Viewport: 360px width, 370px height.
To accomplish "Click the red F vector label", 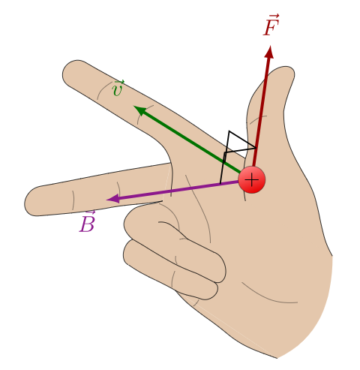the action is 271,26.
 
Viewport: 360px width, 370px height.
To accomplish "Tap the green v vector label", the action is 118,89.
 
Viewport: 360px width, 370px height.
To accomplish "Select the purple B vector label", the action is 87,222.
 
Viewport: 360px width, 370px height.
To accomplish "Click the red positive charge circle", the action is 252,180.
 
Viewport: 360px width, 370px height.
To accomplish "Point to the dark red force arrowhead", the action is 269,52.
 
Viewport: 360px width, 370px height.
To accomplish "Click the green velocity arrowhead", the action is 140,110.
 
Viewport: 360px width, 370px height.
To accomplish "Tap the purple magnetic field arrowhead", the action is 113,199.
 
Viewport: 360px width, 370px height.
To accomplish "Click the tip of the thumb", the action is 287,68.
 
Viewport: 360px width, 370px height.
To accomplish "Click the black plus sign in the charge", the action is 252,180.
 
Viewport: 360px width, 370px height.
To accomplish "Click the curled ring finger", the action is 175,240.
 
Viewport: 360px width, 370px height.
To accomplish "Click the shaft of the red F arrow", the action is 261,112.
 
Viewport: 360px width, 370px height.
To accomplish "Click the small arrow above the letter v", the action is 119,83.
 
